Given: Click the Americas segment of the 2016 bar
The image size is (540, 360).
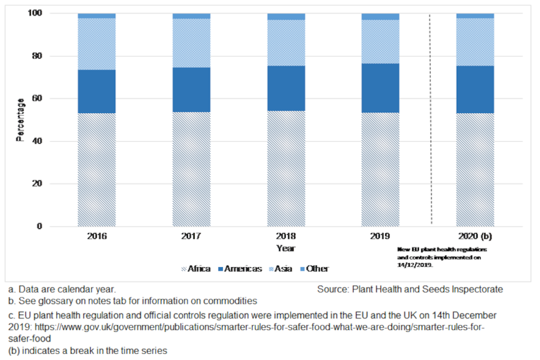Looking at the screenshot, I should click(97, 92).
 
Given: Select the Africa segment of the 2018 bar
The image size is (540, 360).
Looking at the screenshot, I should click(286, 169).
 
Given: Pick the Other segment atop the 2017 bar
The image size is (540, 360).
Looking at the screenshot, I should click(191, 16).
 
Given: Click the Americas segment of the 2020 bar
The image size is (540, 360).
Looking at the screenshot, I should click(475, 89).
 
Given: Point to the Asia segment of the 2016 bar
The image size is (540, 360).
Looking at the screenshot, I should click(97, 44).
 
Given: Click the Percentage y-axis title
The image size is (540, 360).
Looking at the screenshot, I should click(20, 119).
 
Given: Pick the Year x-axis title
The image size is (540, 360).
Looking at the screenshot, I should click(285, 248).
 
